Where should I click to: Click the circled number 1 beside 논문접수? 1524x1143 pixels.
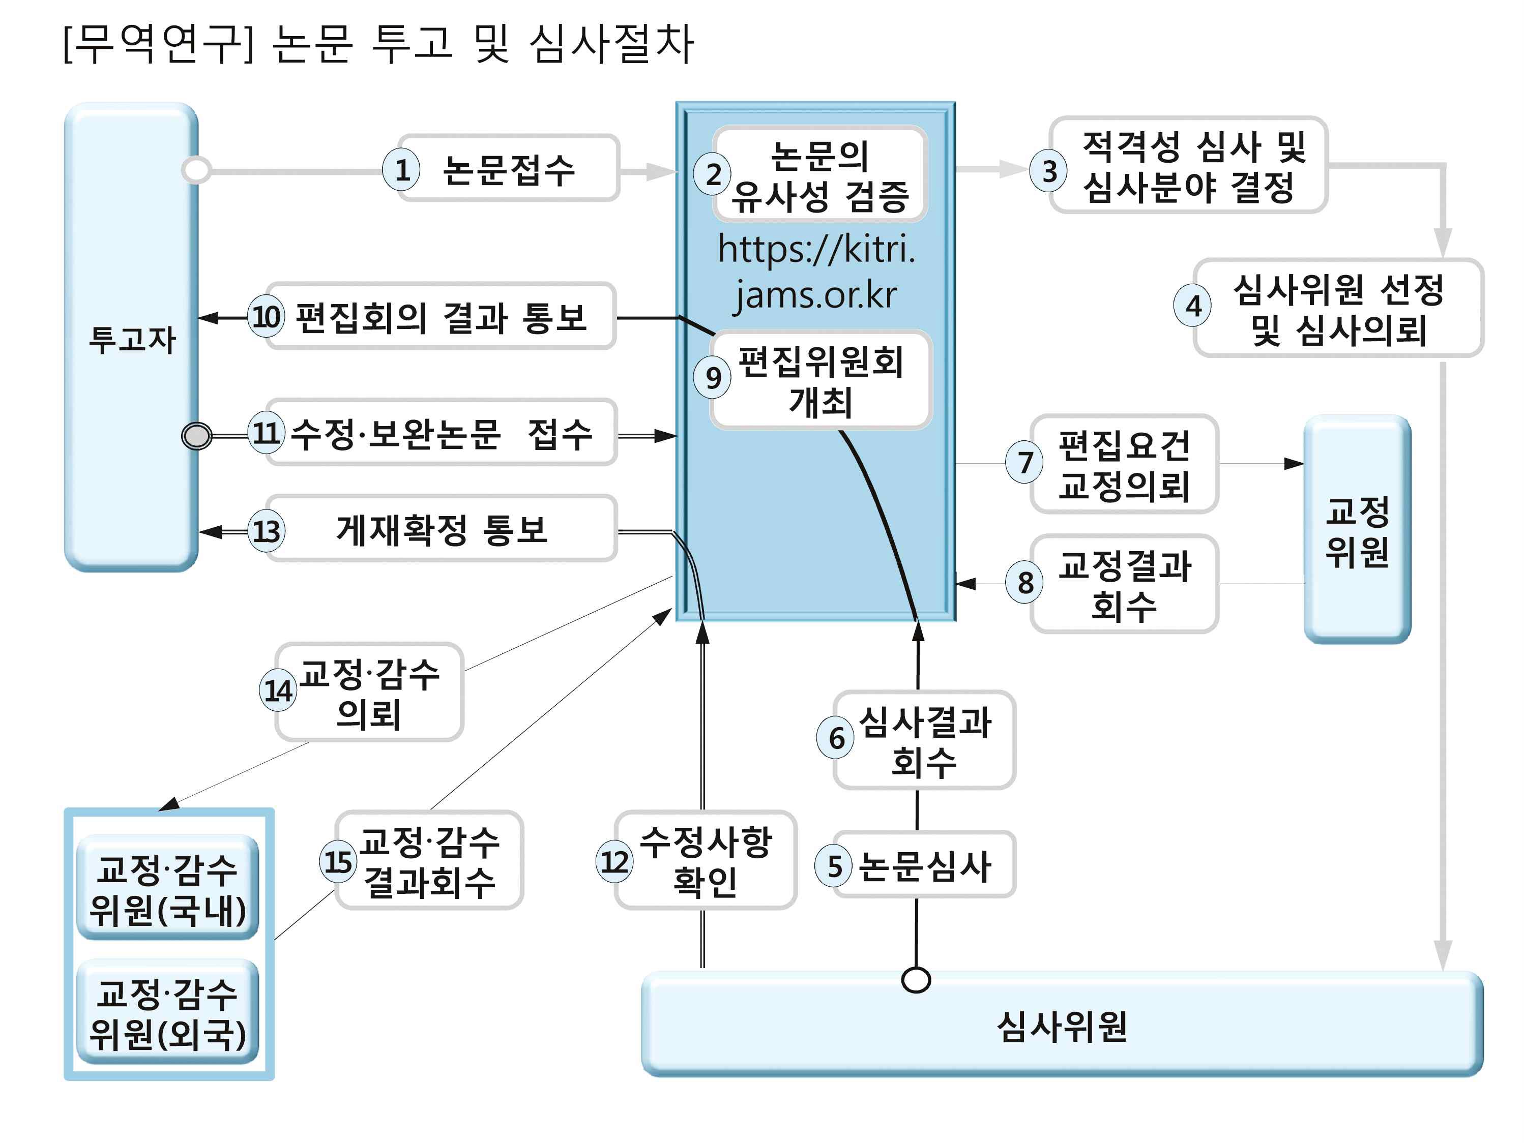402,169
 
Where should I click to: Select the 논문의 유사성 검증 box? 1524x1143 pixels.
820,175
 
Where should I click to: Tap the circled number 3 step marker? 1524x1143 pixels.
1048,170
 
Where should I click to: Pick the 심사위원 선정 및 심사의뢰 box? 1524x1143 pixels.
1337,309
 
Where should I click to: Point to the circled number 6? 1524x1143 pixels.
836,738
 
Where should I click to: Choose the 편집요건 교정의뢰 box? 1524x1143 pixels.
1124,464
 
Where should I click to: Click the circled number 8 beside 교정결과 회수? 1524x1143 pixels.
1024,583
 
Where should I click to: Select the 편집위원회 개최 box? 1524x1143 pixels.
820,381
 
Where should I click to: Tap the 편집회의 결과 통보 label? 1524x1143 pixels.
441,317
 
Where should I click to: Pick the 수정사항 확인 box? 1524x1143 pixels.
706,861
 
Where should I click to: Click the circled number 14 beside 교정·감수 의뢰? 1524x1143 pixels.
278,690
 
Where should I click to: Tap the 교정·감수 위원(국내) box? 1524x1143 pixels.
167,888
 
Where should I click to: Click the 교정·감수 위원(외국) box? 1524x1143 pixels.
167,1012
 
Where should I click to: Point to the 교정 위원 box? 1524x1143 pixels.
1357,530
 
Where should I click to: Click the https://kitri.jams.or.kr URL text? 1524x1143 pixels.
816,272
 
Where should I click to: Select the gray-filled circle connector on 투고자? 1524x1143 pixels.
197,436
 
